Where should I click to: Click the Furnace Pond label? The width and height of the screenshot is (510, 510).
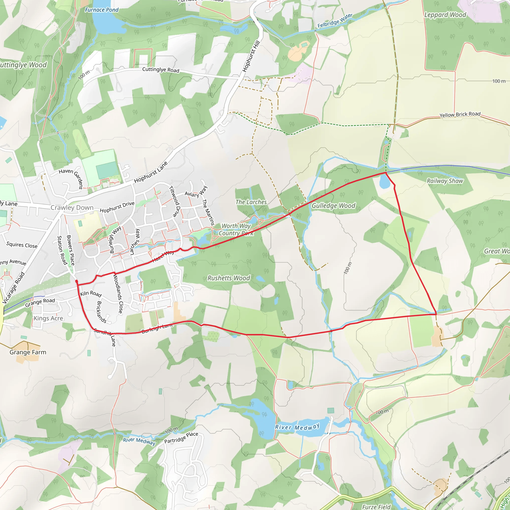(102, 10)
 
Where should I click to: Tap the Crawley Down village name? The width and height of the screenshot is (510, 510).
(72, 207)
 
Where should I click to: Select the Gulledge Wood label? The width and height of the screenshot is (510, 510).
(333, 206)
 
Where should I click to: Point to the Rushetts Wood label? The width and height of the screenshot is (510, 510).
(229, 278)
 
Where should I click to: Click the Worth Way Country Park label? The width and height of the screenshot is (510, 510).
(236, 229)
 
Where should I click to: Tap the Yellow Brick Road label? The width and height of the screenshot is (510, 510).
(460, 114)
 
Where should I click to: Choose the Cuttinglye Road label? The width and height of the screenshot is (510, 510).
(161, 70)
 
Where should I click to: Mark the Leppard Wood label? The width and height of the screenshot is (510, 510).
(445, 15)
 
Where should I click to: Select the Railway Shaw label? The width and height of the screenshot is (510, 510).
(445, 181)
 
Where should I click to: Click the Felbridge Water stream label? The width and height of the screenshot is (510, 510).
(335, 21)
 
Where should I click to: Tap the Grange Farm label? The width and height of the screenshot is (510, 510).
(28, 352)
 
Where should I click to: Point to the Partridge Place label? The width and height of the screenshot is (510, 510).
(181, 438)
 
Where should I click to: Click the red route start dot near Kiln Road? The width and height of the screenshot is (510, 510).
(77, 282)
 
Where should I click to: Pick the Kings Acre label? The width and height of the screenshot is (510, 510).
(48, 318)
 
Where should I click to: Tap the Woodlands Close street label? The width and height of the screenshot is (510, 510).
(118, 294)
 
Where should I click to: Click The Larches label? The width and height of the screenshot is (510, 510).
(251, 202)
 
